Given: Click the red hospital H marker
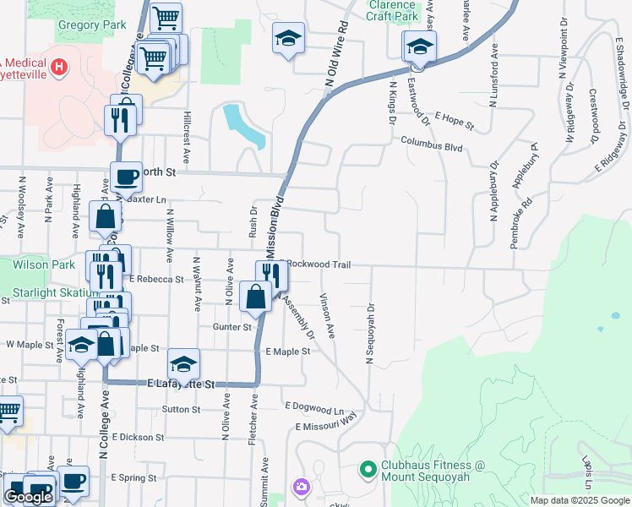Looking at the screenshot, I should pyautogui.click(x=58, y=66).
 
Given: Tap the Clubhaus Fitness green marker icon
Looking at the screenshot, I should pyautogui.click(x=368, y=468).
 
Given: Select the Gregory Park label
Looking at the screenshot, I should pyautogui.click(x=91, y=25).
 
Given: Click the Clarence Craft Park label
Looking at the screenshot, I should pyautogui.click(x=392, y=10).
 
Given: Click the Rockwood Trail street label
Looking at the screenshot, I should pyautogui.click(x=319, y=264).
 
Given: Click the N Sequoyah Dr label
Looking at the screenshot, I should pyautogui.click(x=369, y=335).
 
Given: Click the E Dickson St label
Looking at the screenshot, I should pyautogui.click(x=137, y=437).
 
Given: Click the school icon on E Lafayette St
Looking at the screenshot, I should pyautogui.click(x=183, y=363).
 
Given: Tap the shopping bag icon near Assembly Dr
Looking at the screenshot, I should pyautogui.click(x=255, y=297).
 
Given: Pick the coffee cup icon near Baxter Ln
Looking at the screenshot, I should pyautogui.click(x=127, y=177).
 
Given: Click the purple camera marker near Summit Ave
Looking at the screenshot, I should pyautogui.click(x=301, y=487).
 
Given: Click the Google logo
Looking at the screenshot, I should pyautogui.click(x=29, y=497).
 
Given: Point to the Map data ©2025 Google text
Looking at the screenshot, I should pyautogui.click(x=580, y=500).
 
